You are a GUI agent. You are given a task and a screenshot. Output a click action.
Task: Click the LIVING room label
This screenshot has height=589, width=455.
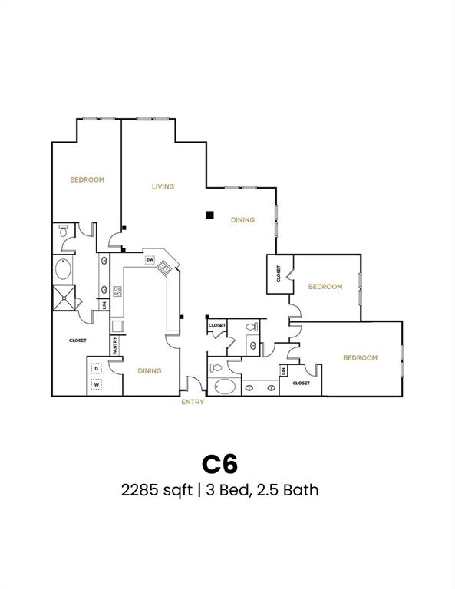pyautogui.click(x=163, y=186)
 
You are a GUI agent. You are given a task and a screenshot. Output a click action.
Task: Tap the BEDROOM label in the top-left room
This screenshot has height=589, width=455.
pyautogui.click(x=87, y=179)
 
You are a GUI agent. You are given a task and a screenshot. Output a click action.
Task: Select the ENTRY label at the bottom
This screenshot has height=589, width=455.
pyautogui.click(x=193, y=401)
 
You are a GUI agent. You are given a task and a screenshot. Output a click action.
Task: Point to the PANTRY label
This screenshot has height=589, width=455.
pyautogui.click(x=115, y=346)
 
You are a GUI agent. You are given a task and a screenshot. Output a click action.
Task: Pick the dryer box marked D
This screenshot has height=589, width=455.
pyautogui.click(x=97, y=368)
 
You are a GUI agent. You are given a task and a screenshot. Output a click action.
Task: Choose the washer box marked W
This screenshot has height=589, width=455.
pyautogui.click(x=97, y=385)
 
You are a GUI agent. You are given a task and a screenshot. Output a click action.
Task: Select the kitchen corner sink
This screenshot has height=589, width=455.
pyautogui.click(x=165, y=268)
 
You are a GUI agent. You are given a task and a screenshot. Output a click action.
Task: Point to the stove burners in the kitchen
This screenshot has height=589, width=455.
pyautogui.click(x=117, y=291)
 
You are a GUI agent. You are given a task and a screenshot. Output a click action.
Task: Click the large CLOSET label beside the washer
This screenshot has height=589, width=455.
pyautogui.click(x=77, y=341)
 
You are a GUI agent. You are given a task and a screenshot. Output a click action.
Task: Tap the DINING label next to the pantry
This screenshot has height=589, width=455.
pyautogui.click(x=150, y=371)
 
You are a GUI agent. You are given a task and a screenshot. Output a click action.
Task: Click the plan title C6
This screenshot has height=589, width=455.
pyautogui.click(x=220, y=464)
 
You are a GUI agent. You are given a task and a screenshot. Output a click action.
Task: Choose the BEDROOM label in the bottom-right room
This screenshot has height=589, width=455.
pyautogui.click(x=360, y=357)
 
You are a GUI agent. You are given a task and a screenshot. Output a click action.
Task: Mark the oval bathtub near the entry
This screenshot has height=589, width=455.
pyautogui.click(x=225, y=386)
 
